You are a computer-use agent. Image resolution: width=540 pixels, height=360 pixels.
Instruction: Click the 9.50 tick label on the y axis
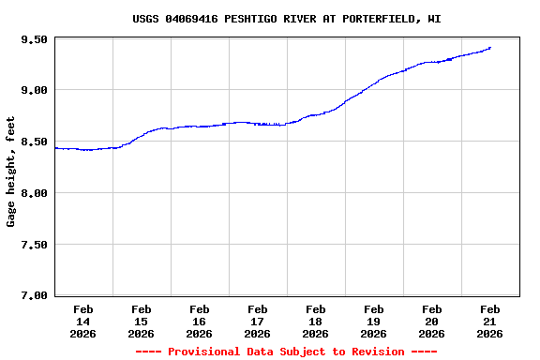pos(34,39)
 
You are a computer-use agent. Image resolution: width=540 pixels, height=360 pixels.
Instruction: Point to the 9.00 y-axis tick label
pos(34,90)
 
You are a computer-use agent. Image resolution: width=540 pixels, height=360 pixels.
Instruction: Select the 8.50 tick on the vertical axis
pos(34,142)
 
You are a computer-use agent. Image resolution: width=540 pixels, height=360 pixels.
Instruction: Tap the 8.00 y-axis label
pos(34,193)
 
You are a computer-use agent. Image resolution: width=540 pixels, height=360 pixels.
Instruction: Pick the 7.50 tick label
pos(34,245)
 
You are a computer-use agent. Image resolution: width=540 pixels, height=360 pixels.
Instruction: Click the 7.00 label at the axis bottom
pos(34,295)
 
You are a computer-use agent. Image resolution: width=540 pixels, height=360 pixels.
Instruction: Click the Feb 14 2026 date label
pos(82,321)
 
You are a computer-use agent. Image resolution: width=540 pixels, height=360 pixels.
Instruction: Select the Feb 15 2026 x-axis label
pos(141,321)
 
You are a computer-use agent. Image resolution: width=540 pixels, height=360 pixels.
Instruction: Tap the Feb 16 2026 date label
pos(199,321)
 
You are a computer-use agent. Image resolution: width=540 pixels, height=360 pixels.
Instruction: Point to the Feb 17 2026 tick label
pos(257,321)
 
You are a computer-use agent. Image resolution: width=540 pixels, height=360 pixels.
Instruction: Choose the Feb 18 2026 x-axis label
pos(315,321)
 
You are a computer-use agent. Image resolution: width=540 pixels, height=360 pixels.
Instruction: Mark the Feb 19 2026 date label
pos(373,321)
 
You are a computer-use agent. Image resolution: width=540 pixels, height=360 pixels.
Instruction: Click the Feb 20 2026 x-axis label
pos(431,321)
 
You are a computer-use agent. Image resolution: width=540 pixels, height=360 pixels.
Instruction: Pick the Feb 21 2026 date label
pos(489,321)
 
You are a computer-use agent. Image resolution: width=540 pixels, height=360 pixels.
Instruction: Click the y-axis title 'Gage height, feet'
pos(11,172)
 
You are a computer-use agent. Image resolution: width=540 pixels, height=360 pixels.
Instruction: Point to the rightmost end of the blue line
pos(489,48)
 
